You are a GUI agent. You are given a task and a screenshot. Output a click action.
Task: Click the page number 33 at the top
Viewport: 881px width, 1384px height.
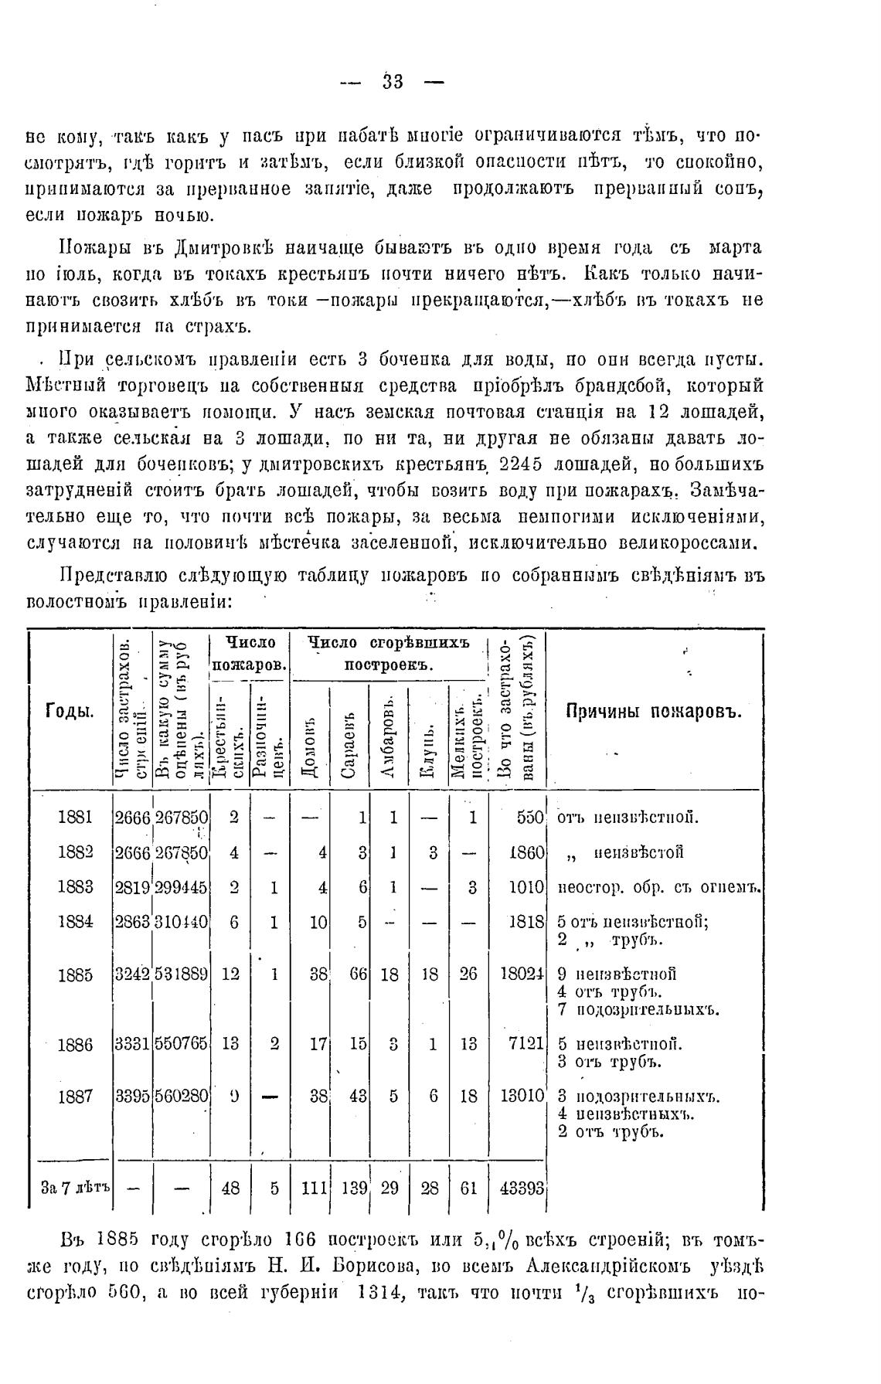point(393,81)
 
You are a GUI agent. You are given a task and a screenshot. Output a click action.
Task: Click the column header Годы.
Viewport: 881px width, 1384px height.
point(70,711)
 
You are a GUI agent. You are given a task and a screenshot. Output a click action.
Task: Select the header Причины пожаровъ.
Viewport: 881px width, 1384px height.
point(654,712)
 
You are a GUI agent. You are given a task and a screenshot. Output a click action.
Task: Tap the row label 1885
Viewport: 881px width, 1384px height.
point(75,974)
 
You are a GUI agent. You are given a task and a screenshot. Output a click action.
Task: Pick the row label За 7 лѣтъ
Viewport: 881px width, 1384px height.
point(75,1188)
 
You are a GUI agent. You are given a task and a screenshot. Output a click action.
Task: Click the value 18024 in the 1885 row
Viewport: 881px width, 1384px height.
point(523,974)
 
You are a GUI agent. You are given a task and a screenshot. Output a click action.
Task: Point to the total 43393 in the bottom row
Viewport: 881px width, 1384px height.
point(522,1188)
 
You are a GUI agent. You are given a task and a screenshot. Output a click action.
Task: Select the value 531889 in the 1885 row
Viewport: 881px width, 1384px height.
point(182,974)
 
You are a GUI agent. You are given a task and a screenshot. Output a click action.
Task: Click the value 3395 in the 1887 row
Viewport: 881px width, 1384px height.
point(132,1097)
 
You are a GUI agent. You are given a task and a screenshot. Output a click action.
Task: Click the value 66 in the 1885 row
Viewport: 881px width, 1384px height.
point(358,974)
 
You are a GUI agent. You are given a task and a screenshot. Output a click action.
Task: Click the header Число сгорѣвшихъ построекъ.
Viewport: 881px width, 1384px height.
point(389,654)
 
